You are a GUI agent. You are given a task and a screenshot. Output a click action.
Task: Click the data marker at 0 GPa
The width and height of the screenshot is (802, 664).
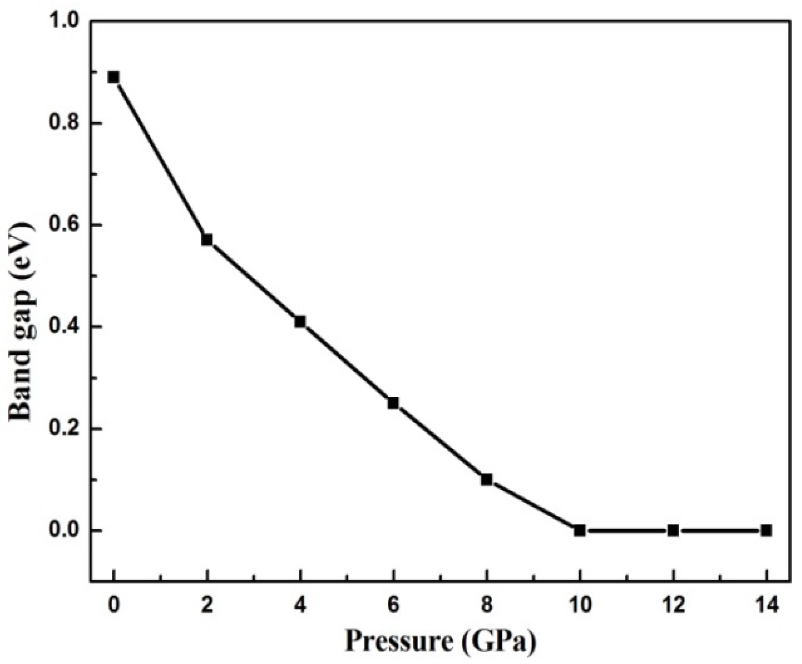coord(114,77)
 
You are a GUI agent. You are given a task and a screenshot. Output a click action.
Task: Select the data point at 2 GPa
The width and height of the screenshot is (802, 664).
coord(207,240)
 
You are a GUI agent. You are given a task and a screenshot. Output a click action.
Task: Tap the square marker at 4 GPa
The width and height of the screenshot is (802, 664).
coord(300,321)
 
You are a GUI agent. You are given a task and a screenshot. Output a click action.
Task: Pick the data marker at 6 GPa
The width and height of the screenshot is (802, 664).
coord(393,403)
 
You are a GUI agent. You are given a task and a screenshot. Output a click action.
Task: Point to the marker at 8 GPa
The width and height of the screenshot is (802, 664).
coord(486,480)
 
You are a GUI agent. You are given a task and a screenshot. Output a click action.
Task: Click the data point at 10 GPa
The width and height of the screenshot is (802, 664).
coord(580,530)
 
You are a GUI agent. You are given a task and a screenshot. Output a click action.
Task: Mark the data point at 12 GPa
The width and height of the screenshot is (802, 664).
coord(673,530)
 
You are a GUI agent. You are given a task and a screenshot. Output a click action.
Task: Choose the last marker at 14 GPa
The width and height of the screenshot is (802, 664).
coord(766,530)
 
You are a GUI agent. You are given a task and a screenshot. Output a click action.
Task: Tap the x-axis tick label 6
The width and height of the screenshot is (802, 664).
coord(393,606)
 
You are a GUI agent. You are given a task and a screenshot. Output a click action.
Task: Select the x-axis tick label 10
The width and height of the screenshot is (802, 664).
coord(580,606)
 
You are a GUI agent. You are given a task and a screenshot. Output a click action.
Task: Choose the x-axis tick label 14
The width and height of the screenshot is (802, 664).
coord(766,606)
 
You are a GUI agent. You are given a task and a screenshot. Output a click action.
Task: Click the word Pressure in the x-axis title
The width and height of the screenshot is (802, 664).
coord(399,641)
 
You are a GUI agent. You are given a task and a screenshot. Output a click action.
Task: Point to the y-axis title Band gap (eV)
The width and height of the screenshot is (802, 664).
coord(22,322)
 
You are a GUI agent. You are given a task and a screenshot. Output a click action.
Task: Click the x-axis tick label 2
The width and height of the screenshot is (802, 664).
coord(207,606)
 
